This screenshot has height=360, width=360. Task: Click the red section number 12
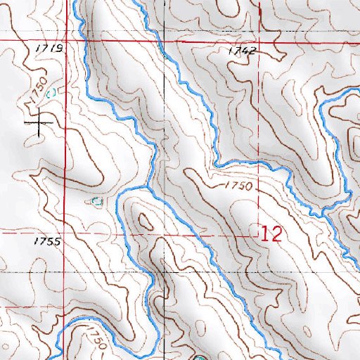pyautogui.click(x=271, y=234)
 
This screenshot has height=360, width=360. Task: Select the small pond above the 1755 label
pyautogui.click(x=97, y=202)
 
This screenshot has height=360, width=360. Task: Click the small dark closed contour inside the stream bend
pyautogui.click(x=146, y=222)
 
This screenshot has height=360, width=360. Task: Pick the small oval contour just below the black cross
pyautogui.click(x=39, y=145)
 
